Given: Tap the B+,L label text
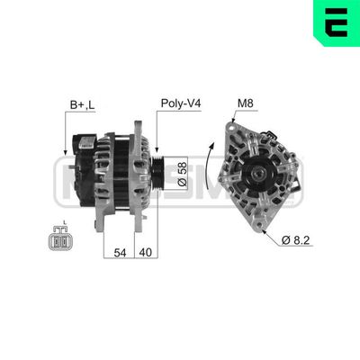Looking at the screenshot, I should click(82, 104).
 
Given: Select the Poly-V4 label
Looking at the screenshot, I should click(179, 104).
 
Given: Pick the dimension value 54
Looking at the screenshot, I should click(119, 253).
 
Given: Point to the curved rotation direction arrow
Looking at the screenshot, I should click(212, 162).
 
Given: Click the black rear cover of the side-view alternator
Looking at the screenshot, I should click(85, 171).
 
